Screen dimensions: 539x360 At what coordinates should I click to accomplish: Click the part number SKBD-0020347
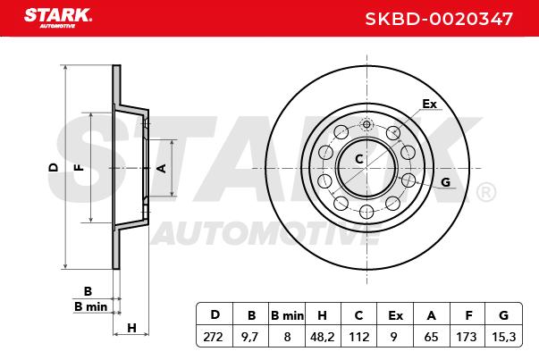click(x=439, y=19)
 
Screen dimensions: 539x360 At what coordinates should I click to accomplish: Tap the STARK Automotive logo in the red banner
click(x=58, y=18)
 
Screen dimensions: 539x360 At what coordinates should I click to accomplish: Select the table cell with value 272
click(x=213, y=337)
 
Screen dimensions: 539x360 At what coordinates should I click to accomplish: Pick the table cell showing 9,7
click(x=250, y=337)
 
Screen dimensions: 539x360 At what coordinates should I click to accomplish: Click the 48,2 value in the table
click(x=322, y=337)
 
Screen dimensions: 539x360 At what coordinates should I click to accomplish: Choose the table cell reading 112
click(x=358, y=337)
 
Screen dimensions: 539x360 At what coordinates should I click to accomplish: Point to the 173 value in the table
click(x=467, y=337)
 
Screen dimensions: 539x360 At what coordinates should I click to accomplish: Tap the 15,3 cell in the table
click(x=503, y=337)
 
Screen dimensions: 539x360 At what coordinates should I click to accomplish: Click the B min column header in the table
click(x=287, y=315)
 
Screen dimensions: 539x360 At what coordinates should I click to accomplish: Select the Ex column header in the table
click(x=395, y=315)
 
